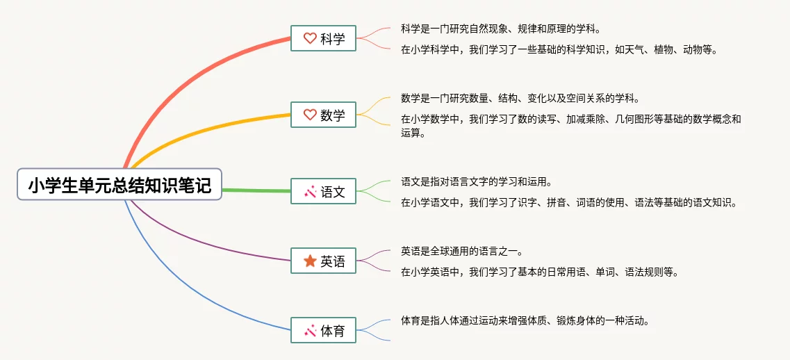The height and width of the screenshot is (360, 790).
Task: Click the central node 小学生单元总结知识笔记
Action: coord(120,184)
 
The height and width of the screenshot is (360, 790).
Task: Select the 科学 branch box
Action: coord(324,38)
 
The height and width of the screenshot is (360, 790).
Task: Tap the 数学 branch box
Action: coord(324,115)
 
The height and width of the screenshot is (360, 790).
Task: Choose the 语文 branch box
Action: coord(324,191)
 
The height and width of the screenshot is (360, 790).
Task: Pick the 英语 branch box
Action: coord(324,261)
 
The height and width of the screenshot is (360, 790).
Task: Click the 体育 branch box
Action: coord(324,330)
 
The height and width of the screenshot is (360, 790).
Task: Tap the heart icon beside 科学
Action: coord(310,38)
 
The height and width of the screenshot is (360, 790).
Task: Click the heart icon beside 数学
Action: coord(310,115)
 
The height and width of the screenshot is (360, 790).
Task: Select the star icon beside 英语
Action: coord(310,261)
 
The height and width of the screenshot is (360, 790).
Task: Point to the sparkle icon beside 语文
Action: coord(310,191)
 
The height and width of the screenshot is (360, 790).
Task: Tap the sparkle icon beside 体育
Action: coord(310,330)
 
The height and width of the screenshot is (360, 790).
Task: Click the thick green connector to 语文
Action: coord(256,190)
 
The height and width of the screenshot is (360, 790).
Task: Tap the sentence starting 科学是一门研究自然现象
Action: coord(501,28)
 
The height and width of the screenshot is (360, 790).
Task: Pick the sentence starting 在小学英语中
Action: coord(541,272)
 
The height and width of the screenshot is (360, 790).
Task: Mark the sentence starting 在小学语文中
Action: coord(570,203)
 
